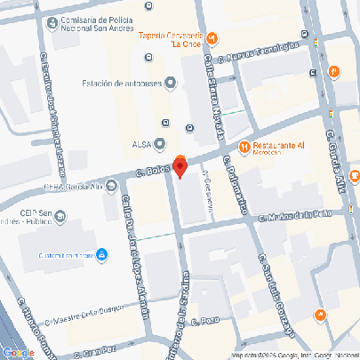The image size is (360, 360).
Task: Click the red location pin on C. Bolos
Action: point(180,164)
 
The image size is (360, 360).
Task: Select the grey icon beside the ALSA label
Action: point(160,142)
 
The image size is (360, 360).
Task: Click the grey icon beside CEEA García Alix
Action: point(111,186)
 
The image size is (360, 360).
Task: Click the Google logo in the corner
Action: point(18,352)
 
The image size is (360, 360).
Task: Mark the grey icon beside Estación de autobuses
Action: point(170,84)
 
